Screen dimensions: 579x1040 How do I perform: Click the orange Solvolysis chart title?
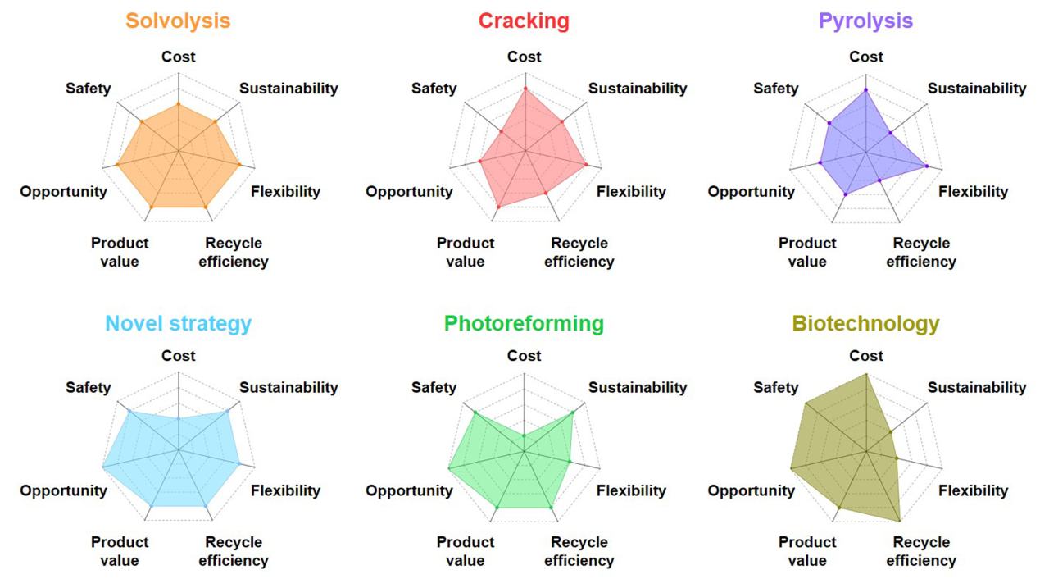(178, 21)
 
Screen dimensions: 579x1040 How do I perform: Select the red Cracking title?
(524, 21)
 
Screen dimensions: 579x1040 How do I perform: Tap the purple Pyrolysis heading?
(865, 21)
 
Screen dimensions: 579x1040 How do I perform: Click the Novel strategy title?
(178, 324)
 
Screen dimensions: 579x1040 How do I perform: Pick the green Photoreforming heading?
(524, 324)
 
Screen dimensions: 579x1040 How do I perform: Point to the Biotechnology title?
(865, 324)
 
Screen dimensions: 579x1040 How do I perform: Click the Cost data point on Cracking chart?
(525, 88)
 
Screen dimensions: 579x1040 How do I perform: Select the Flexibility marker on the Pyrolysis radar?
(927, 166)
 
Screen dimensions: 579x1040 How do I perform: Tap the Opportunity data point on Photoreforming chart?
(450, 468)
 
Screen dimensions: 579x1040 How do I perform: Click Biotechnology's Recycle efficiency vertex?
(900, 520)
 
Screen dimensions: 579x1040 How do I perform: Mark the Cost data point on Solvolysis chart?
(178, 104)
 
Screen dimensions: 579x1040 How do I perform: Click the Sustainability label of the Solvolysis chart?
(288, 89)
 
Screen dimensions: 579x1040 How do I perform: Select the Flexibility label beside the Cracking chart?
(630, 192)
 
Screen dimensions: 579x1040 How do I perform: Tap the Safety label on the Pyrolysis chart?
(775, 89)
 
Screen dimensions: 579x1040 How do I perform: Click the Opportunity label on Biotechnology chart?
(751, 491)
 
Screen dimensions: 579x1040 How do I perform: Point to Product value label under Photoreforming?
(465, 551)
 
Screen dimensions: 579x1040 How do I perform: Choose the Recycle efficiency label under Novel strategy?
(233, 551)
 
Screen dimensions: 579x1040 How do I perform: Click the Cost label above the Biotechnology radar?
(865, 356)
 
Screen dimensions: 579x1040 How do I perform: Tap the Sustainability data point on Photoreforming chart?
(572, 413)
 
